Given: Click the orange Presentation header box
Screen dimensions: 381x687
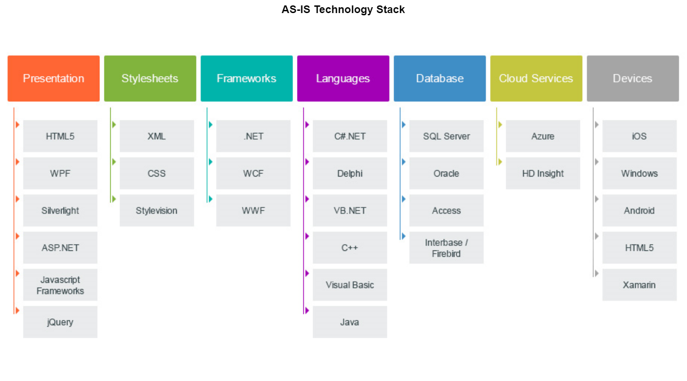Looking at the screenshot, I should pyautogui.click(x=54, y=78).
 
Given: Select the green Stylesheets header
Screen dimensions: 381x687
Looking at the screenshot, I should pyautogui.click(x=150, y=78).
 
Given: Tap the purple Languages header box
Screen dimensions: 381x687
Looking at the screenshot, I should pyautogui.click(x=343, y=78).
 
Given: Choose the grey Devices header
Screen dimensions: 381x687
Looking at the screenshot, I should pyautogui.click(x=632, y=78).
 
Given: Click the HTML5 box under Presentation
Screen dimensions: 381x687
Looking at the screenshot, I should pyautogui.click(x=60, y=136).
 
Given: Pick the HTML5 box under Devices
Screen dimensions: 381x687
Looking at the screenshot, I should pyautogui.click(x=639, y=248).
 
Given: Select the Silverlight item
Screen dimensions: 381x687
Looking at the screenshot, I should pyautogui.click(x=60, y=210).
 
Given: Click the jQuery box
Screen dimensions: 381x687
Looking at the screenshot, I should pyautogui.click(x=60, y=322).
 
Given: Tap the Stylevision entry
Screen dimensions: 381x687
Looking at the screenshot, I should pyautogui.click(x=157, y=210).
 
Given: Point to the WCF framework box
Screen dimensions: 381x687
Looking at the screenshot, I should pyautogui.click(x=253, y=173).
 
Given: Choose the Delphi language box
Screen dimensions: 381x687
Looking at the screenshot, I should pyautogui.click(x=350, y=173).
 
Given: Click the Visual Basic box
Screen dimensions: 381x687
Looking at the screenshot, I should pyautogui.click(x=350, y=285).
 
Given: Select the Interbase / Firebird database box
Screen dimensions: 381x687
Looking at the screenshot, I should pyautogui.click(x=446, y=248).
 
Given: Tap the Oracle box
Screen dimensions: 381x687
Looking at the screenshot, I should pyautogui.click(x=446, y=173).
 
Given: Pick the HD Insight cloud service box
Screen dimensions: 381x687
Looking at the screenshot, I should pyautogui.click(x=543, y=173).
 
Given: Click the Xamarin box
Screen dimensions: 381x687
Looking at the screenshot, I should pyautogui.click(x=639, y=285).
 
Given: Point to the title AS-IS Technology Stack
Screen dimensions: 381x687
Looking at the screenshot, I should pyautogui.click(x=343, y=9).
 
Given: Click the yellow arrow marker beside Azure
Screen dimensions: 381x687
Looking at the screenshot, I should pyautogui.click(x=500, y=125).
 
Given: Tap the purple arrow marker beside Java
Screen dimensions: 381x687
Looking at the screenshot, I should pyautogui.click(x=307, y=310).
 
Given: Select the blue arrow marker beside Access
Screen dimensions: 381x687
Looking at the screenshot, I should pyautogui.click(x=404, y=199).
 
